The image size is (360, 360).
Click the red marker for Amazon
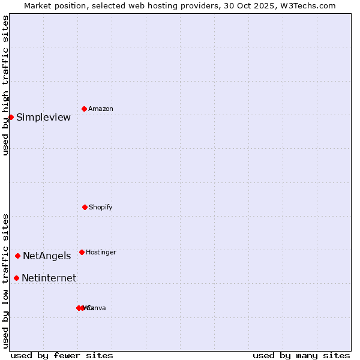(x=85, y=109)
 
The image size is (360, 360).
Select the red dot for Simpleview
(x=11, y=117)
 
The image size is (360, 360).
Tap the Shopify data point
(x=85, y=207)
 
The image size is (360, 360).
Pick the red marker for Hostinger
(x=82, y=252)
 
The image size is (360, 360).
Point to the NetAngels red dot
(x=17, y=256)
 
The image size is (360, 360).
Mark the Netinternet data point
(x=16, y=278)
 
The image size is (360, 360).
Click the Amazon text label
(x=101, y=109)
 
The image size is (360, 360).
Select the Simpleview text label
(x=43, y=118)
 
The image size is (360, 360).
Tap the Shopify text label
(x=101, y=208)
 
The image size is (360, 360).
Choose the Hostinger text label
(x=101, y=253)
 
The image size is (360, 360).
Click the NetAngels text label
(x=47, y=256)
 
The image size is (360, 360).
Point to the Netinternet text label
(x=49, y=278)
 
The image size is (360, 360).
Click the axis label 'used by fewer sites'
(x=62, y=355)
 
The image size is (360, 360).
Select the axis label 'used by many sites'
(x=301, y=355)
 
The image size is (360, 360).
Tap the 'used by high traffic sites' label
(x=5, y=85)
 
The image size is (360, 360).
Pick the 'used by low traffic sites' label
(x=5, y=281)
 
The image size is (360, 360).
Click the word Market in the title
(x=38, y=5)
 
